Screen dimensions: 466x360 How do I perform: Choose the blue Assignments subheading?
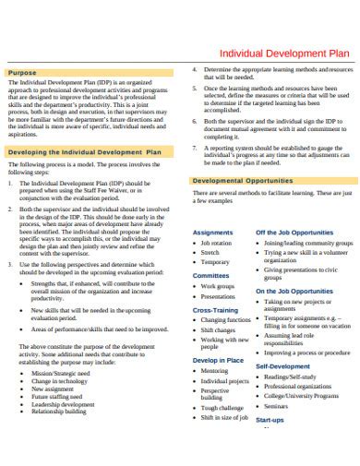click(213, 232)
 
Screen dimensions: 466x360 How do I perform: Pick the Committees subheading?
click(211, 275)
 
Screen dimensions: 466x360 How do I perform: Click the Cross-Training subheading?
click(216, 310)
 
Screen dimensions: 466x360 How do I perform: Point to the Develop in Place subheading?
click(218, 359)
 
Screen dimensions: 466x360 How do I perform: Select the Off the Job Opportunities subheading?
click(294, 232)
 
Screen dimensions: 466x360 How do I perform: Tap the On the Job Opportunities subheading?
click(294, 291)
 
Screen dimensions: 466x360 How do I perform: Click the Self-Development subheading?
click(282, 365)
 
